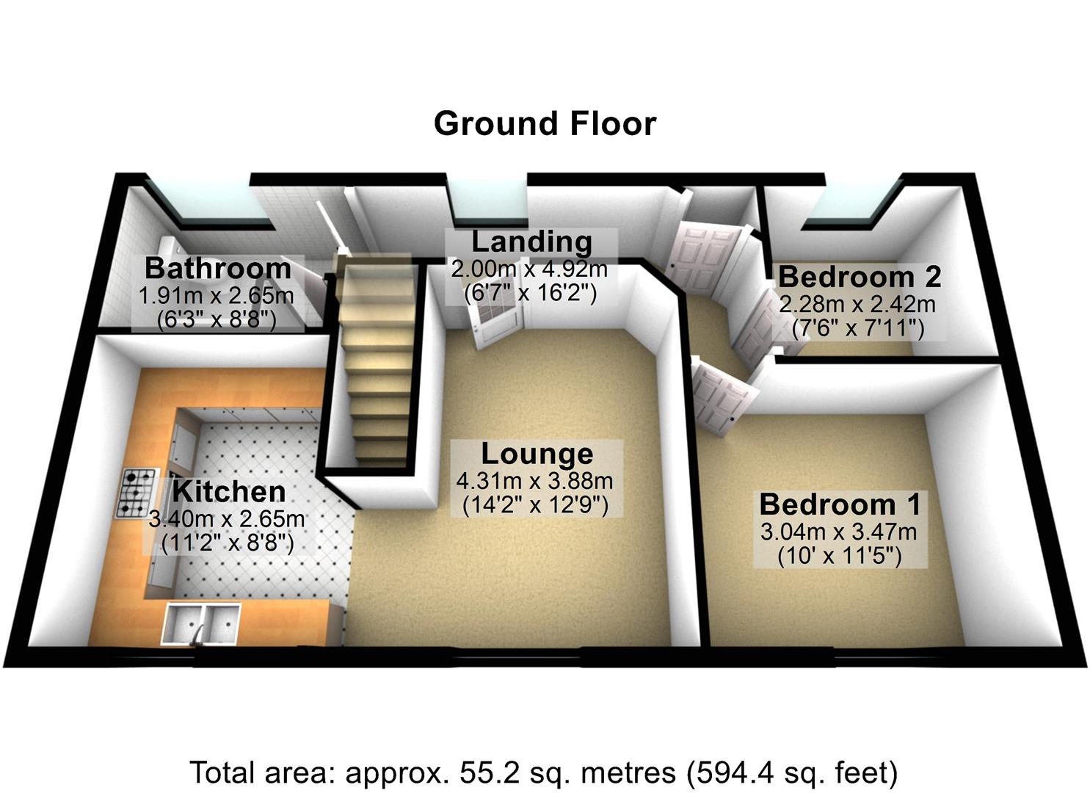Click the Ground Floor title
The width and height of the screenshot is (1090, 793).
point(545,123)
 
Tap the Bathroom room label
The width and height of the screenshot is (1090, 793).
point(218,269)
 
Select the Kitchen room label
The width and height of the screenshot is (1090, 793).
point(228,491)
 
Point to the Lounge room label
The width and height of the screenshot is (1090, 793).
point(537,454)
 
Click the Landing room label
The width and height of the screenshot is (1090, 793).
point(531,242)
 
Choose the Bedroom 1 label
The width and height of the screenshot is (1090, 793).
point(840,504)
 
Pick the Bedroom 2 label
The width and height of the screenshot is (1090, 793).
point(860,277)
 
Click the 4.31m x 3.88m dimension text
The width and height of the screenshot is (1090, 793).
point(535,482)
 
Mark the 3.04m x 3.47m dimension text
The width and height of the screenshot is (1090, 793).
point(838,532)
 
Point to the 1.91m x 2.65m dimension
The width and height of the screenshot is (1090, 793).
point(217,296)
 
